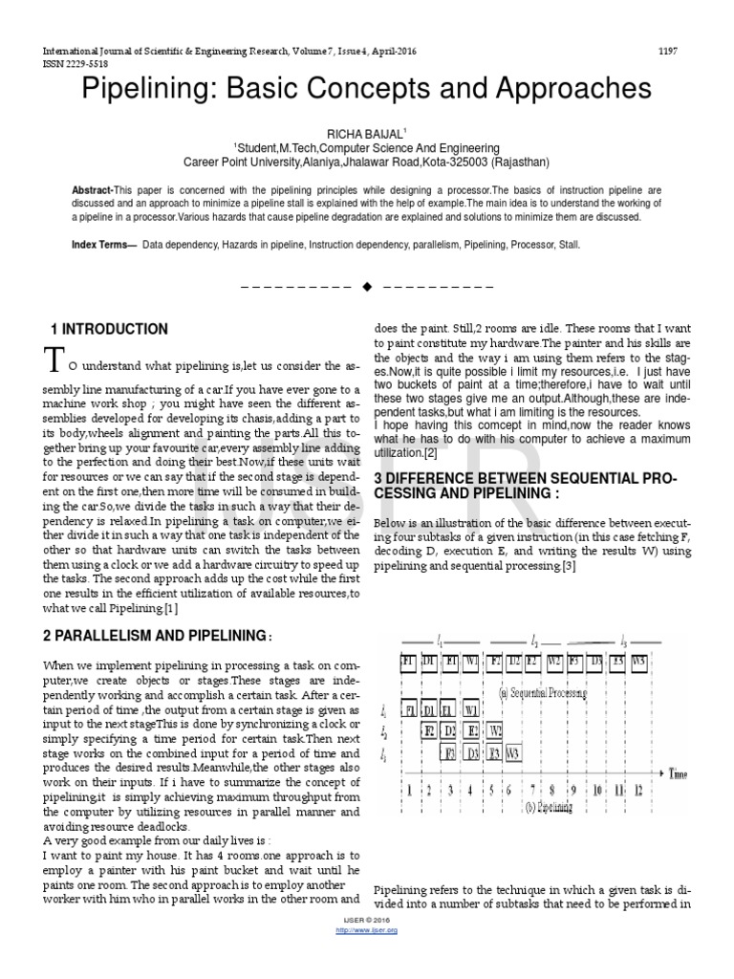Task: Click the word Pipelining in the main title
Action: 141,90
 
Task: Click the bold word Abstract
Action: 92,191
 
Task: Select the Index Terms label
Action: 104,245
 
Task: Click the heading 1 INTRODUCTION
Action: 109,329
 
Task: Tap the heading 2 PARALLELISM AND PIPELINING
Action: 157,635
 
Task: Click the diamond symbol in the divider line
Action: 366,287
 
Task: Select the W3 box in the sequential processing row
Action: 639,662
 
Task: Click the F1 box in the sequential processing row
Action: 408,662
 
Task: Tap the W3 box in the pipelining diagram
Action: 514,753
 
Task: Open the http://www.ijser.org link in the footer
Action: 367,929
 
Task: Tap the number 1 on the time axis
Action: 408,791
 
